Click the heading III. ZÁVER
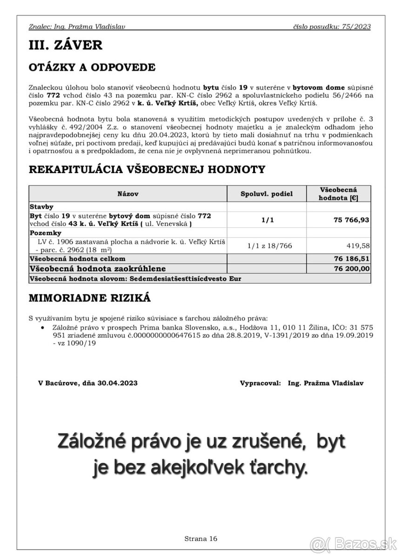tap(65, 45)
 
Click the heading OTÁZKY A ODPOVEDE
tap(92, 67)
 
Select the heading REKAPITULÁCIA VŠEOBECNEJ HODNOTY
tap(147, 170)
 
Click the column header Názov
tap(128, 193)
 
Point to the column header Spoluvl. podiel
tap(267, 193)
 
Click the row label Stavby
tap(41, 206)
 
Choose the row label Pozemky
tap(45, 232)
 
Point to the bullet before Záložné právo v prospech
tap(43, 327)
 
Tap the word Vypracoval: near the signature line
tap(260, 384)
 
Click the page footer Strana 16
tap(201, 539)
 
